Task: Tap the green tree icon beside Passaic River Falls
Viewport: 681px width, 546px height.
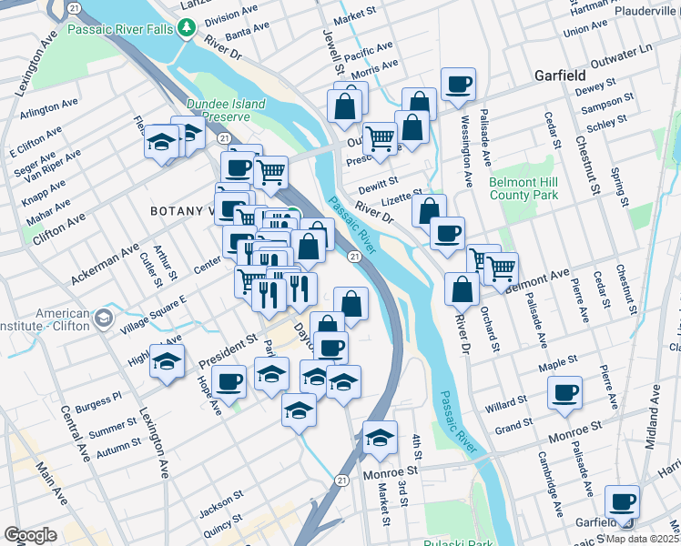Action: tap(188, 29)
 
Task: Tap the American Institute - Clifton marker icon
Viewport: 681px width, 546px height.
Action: tap(103, 318)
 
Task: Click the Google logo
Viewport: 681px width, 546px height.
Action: tap(30, 535)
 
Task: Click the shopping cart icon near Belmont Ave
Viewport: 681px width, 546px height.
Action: tap(501, 268)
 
